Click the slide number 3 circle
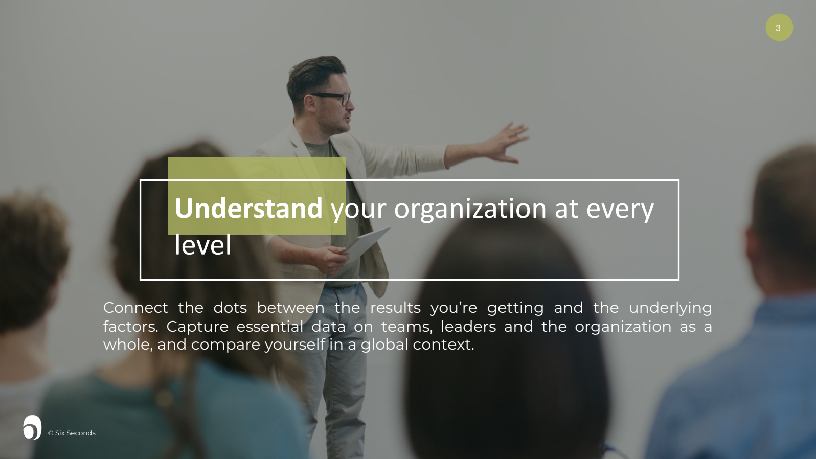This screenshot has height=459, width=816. click(x=779, y=28)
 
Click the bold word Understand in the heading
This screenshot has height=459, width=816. click(x=248, y=208)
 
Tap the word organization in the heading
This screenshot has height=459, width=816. click(x=470, y=210)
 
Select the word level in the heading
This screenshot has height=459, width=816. click(x=203, y=244)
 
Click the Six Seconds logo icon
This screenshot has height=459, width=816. click(x=32, y=427)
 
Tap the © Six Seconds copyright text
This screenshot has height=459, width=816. click(x=72, y=433)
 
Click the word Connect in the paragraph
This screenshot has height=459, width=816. click(x=135, y=308)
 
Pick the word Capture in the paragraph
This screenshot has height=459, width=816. click(x=197, y=327)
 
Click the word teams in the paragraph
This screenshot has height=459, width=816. click(x=406, y=327)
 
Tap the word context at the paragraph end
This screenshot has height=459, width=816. click(x=443, y=345)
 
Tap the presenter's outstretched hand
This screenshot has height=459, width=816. click(x=508, y=143)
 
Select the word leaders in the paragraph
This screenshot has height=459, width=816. click(x=468, y=327)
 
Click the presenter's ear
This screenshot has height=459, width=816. click(x=309, y=103)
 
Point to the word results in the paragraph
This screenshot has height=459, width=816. click(x=395, y=308)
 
